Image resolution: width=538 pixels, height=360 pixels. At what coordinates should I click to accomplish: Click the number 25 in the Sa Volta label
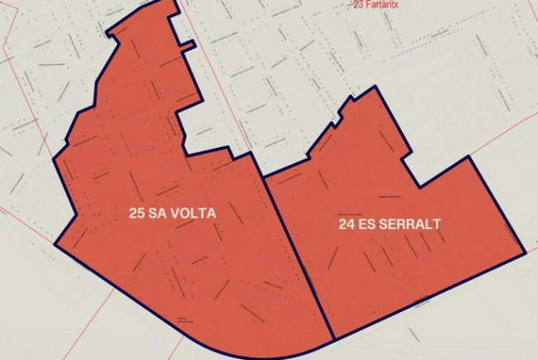137,214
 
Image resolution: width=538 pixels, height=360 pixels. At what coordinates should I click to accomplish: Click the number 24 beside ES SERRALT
347,224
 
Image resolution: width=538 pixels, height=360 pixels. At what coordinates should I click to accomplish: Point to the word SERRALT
411,224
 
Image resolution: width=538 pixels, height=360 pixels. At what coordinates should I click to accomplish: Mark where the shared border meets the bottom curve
333,338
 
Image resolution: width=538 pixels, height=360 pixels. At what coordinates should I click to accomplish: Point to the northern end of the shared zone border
263,177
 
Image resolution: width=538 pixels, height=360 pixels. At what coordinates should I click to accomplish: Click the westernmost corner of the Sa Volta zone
55,245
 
